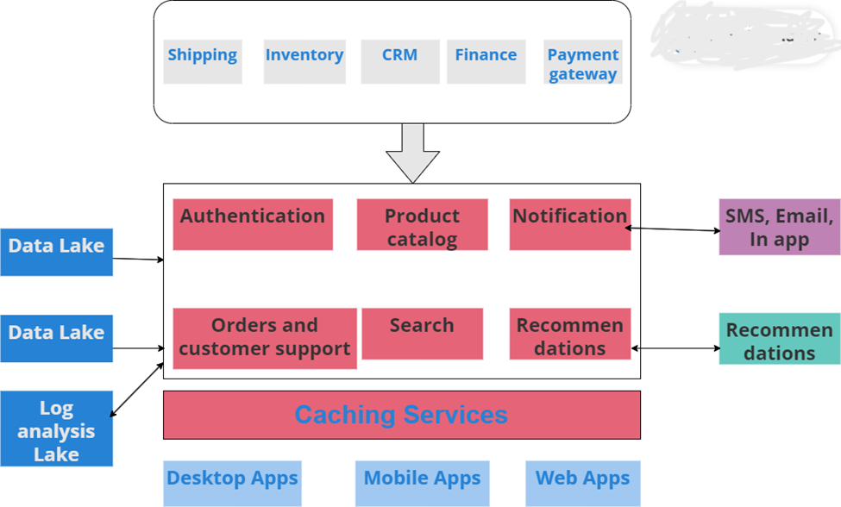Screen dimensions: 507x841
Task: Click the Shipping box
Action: [203, 61]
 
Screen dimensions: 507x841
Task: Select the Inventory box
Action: [304, 61]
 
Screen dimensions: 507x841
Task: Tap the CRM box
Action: [399, 61]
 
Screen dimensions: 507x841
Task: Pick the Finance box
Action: [486, 61]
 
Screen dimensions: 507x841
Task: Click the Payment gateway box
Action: [582, 62]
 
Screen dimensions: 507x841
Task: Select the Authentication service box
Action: [253, 224]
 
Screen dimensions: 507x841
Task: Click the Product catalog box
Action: [422, 225]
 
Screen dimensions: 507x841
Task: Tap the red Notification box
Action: [569, 224]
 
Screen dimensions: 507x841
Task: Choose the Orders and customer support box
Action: [265, 338]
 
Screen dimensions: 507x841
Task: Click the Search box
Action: [422, 334]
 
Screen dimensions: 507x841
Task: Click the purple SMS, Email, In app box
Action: [780, 227]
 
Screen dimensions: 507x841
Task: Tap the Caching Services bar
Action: [402, 415]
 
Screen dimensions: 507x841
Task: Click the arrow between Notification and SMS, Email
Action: [674, 229]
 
